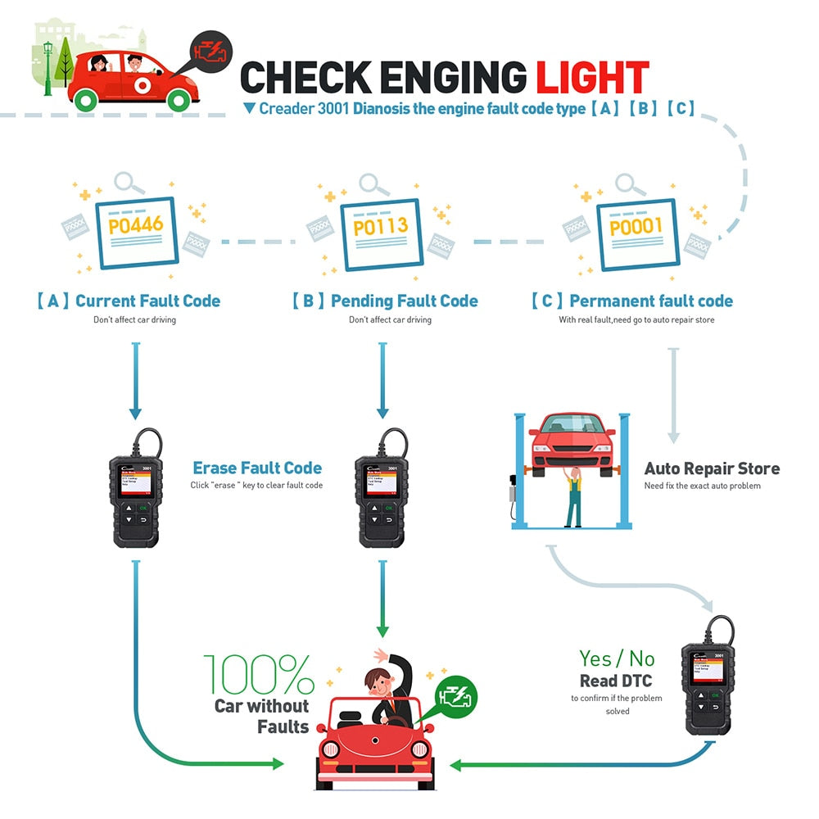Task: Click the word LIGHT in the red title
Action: [x=592, y=77]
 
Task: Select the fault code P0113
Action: [x=380, y=225]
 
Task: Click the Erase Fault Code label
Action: [x=257, y=468]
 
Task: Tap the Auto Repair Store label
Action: [x=712, y=468]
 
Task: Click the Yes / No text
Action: [x=617, y=658]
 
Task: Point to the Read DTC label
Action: [x=616, y=681]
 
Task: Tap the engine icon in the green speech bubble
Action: [x=455, y=695]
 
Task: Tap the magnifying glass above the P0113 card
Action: [x=373, y=184]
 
